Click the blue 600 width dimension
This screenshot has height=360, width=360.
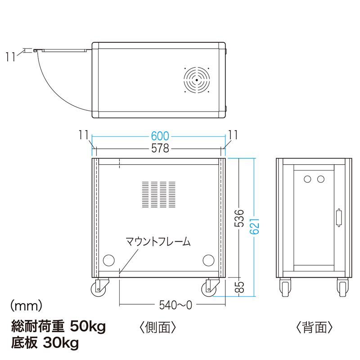pyautogui.click(x=160, y=135)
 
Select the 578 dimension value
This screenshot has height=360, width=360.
pyautogui.click(x=160, y=148)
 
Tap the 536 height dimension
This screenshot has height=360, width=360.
pyautogui.click(x=241, y=218)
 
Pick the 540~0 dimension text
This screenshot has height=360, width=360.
pyautogui.click(x=175, y=305)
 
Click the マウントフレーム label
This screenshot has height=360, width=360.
pyautogui.click(x=158, y=242)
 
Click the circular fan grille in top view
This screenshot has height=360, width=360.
pyautogui.click(x=197, y=80)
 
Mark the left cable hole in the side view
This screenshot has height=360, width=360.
pyautogui.click(x=109, y=260)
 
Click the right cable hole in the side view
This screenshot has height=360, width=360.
pyautogui.click(x=208, y=260)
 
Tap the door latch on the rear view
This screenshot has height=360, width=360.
pyautogui.click(x=339, y=218)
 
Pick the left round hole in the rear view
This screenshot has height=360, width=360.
pyautogui.click(x=307, y=179)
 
